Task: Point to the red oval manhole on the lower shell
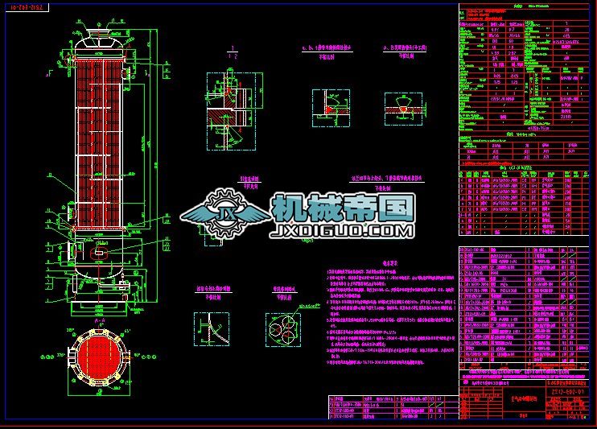(98, 251)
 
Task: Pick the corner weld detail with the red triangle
(331, 105)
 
